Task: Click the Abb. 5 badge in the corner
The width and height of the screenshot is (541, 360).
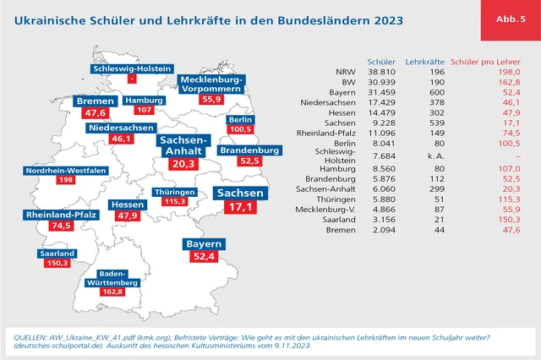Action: (511, 19)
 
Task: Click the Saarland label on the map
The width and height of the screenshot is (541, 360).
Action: (57, 253)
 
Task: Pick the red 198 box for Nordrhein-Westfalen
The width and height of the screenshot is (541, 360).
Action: (65, 180)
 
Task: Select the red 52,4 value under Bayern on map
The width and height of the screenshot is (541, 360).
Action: (205, 256)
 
